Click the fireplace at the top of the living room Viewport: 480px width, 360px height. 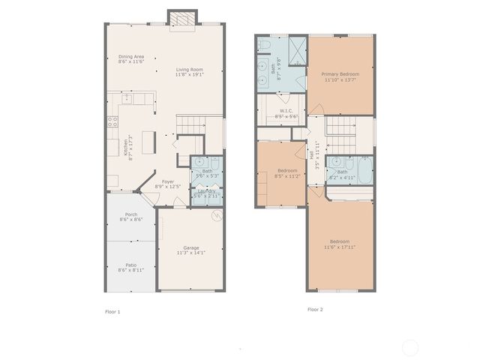click(182, 20)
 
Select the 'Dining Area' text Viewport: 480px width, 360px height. click(131, 58)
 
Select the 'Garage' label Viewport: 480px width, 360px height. click(191, 248)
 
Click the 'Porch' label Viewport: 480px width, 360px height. click(131, 215)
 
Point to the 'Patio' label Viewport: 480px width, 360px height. click(131, 264)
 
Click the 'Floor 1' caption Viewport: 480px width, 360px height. click(112, 311)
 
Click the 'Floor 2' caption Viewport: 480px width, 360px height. click(315, 309)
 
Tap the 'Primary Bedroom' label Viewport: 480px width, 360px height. click(340, 74)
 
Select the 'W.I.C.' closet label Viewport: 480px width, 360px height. click(286, 112)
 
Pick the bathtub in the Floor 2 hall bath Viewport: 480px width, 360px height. click(364, 172)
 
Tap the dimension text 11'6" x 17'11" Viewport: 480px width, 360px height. click(339, 247)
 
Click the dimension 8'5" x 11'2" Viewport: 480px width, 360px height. click(280, 175)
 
